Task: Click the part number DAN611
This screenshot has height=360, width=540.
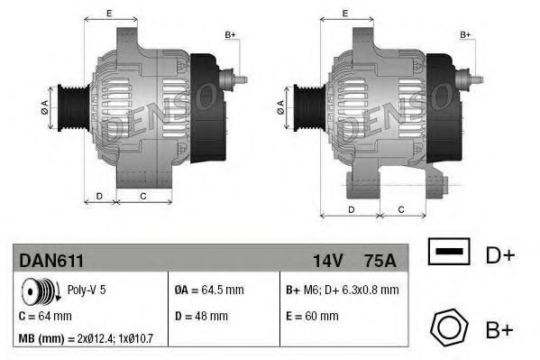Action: (51, 260)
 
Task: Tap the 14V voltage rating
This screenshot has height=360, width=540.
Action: (327, 260)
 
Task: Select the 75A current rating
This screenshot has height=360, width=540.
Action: (378, 260)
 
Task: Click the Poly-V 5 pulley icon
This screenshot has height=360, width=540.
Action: (40, 291)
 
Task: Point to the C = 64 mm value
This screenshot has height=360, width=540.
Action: (45, 316)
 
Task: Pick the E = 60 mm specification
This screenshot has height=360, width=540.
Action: (312, 316)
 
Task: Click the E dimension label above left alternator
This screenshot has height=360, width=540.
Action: (109, 13)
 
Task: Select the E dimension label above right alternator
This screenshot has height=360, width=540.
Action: (346, 13)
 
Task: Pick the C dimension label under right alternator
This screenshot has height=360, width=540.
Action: (399, 209)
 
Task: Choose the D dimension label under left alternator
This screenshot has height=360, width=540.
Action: (99, 196)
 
